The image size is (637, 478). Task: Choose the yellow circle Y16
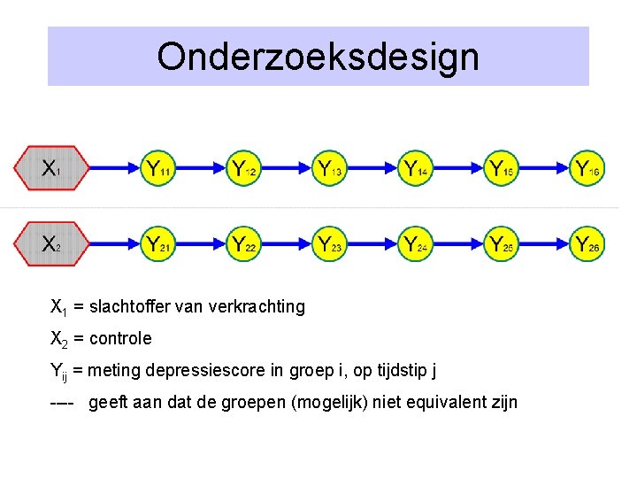pos(587,166)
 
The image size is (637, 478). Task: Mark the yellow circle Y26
pos(587,243)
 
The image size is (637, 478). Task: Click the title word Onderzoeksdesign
pos(318,57)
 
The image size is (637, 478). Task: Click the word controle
pos(120,338)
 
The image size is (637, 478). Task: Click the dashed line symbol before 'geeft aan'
pos(64,404)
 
